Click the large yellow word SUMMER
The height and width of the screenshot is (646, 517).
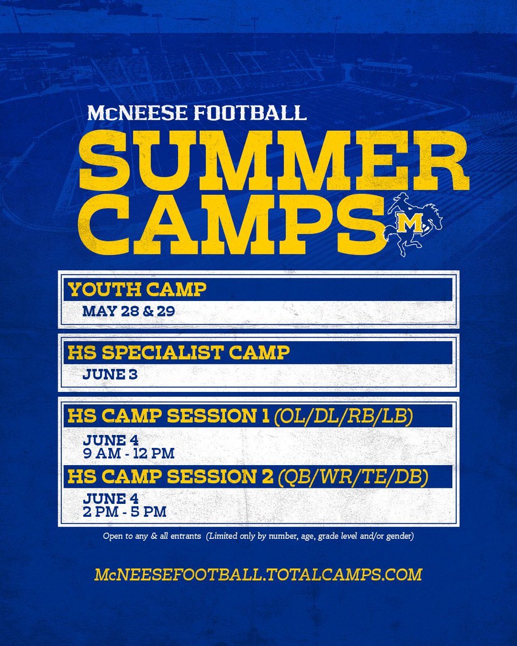271,158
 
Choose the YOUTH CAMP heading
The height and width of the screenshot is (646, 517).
137,290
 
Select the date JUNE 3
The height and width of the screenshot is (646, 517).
110,374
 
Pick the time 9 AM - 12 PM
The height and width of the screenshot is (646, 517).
129,453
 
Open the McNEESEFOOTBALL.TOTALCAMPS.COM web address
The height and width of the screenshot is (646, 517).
258,574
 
